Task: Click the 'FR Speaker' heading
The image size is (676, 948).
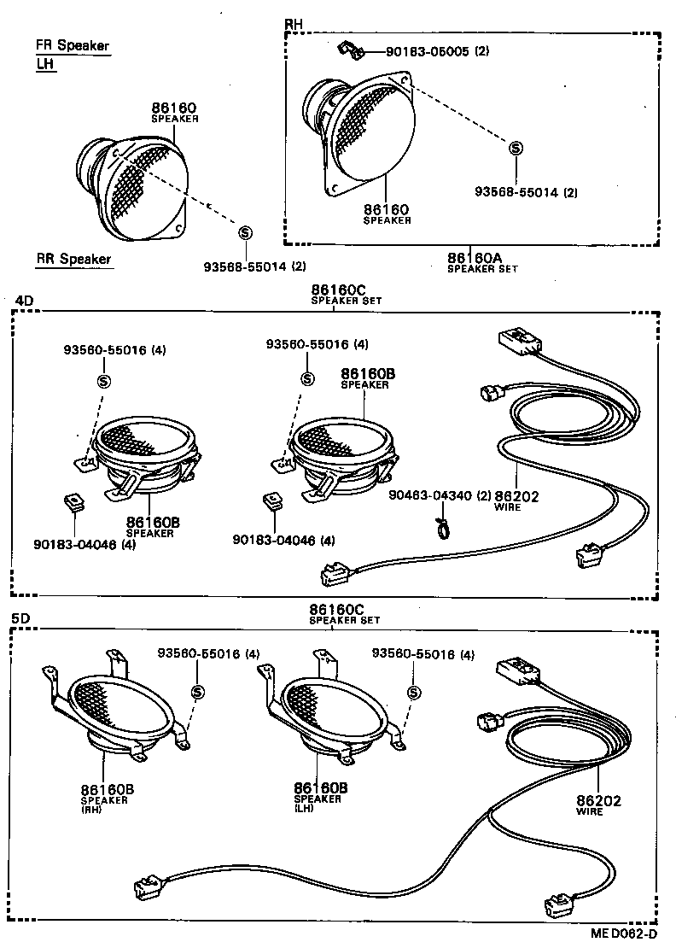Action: [x=73, y=46]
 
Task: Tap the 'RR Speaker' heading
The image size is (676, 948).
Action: [x=73, y=259]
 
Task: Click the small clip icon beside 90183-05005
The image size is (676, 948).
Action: [x=350, y=50]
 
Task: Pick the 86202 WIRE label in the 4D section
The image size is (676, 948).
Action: [x=517, y=499]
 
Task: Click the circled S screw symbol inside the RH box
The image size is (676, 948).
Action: [x=516, y=149]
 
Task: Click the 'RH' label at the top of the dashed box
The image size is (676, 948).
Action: [x=293, y=24]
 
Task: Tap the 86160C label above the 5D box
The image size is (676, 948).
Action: [x=337, y=611]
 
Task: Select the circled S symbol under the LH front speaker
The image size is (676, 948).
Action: [x=245, y=232]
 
